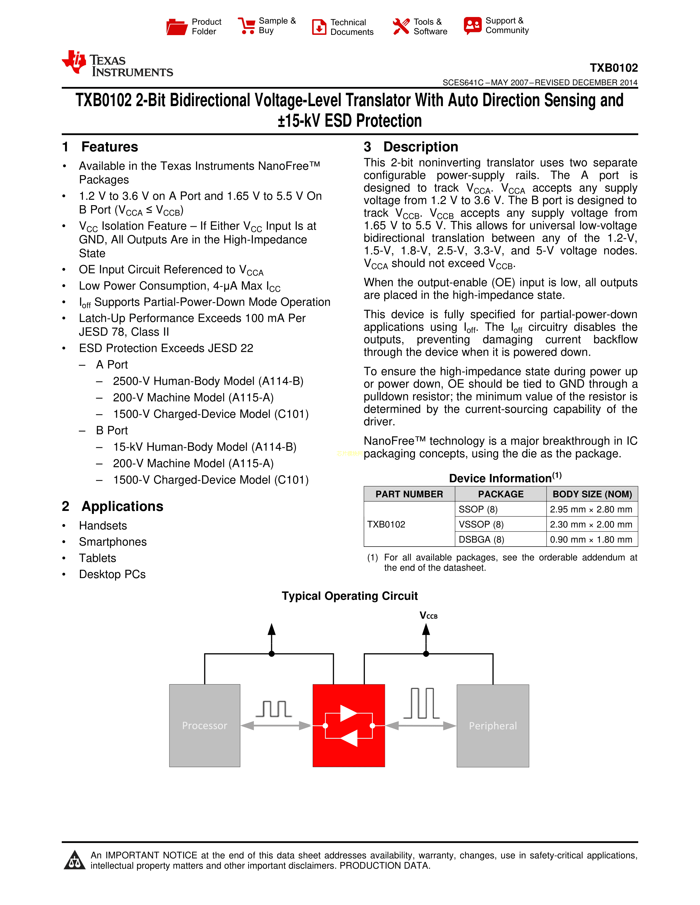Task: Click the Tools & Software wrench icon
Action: (401, 27)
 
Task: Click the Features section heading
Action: (100, 147)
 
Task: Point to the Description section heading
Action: (411, 147)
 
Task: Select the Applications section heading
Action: (112, 506)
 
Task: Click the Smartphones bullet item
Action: (113, 542)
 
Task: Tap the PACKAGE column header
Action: (500, 494)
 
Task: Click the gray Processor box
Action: (205, 725)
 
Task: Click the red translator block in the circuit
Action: (349, 725)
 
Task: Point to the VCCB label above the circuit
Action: (429, 616)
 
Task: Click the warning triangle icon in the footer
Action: (75, 860)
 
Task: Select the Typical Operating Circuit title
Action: (349, 596)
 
